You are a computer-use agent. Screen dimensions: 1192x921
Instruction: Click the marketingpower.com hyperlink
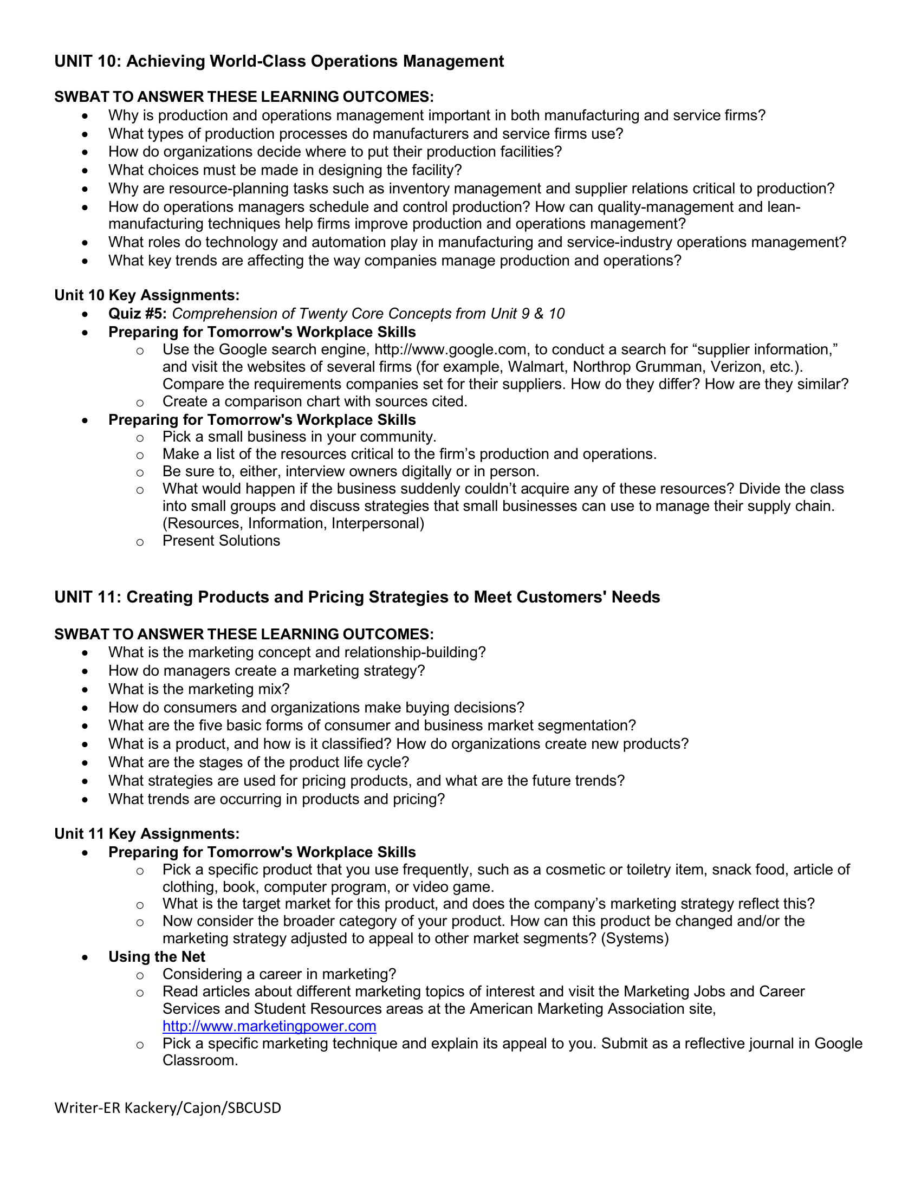[269, 1026]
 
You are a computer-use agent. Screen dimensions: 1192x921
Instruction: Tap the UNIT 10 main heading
[279, 61]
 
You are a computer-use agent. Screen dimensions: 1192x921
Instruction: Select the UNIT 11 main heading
[357, 597]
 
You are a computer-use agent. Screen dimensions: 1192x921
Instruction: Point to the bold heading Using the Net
[157, 957]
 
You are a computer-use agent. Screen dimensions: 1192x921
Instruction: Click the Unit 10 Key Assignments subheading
[147, 295]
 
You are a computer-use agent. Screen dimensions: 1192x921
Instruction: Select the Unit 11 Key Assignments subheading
[147, 834]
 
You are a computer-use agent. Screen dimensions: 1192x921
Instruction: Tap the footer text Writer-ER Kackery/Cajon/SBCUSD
[167, 1107]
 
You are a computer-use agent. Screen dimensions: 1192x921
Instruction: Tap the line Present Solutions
[221, 541]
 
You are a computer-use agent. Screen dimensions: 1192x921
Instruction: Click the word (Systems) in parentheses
[634, 939]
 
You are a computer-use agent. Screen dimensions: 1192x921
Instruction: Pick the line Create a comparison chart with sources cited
[315, 401]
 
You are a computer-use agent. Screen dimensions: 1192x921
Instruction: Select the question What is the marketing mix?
[199, 689]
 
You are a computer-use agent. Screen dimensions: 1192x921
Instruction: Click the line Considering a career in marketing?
[279, 974]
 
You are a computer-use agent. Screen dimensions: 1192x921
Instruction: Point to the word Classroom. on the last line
[200, 1061]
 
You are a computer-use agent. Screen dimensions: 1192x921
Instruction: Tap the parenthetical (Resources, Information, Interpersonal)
[293, 523]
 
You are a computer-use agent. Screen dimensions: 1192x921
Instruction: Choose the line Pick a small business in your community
[299, 437]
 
